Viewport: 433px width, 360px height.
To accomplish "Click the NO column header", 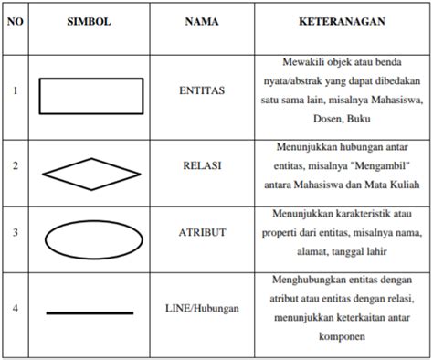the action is point(15,20).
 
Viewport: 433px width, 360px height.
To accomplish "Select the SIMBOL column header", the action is point(90,20).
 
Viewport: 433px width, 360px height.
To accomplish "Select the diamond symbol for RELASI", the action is point(89,171).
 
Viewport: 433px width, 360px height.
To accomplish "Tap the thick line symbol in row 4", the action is point(89,313).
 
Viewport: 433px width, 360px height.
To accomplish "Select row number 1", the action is point(15,92).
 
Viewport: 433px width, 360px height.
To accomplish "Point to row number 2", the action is point(15,169).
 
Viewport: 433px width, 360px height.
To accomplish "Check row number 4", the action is point(15,309).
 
